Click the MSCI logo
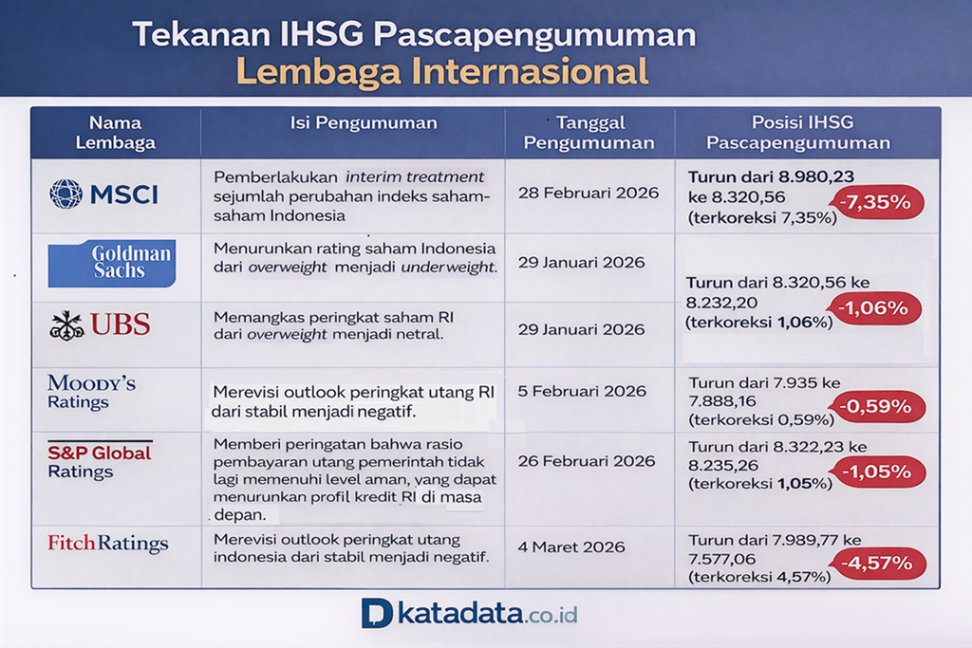pyautogui.click(x=103, y=194)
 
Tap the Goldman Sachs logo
pyautogui.click(x=112, y=263)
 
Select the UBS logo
pyautogui.click(x=100, y=324)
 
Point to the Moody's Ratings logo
pyautogui.click(x=91, y=392)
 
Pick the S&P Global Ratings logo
pyautogui.click(x=99, y=461)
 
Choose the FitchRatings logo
pyautogui.click(x=107, y=544)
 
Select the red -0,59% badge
pyautogui.click(x=877, y=407)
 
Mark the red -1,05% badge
pyautogui.click(x=877, y=472)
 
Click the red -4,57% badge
pyautogui.click(x=877, y=564)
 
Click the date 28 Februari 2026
pyautogui.click(x=589, y=193)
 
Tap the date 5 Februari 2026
pyautogui.click(x=583, y=391)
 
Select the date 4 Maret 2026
pyautogui.click(x=571, y=546)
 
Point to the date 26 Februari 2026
pyautogui.click(x=587, y=461)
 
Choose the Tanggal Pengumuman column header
pyautogui.click(x=589, y=133)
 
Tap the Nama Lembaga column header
pyautogui.click(x=115, y=133)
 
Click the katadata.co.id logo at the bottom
pyautogui.click(x=470, y=613)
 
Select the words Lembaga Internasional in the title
pyautogui.click(x=441, y=71)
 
